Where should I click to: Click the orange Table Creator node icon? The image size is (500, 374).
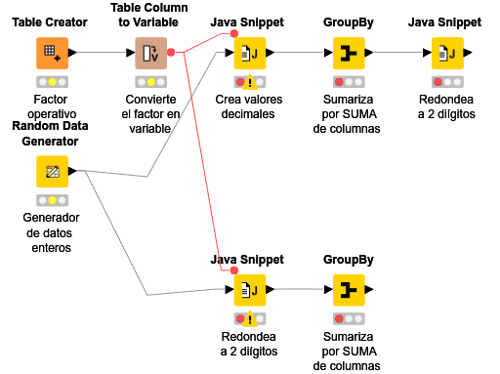click(x=53, y=53)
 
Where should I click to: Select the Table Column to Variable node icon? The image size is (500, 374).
click(x=151, y=53)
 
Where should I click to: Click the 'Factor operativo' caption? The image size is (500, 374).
click(x=53, y=106)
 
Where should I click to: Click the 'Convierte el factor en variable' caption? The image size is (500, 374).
click(x=151, y=113)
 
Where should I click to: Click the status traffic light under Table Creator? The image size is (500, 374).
click(x=53, y=82)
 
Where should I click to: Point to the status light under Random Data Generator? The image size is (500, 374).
click(x=53, y=201)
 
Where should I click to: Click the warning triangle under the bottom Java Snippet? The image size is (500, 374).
click(x=250, y=319)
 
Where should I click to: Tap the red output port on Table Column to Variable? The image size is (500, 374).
click(x=172, y=53)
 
